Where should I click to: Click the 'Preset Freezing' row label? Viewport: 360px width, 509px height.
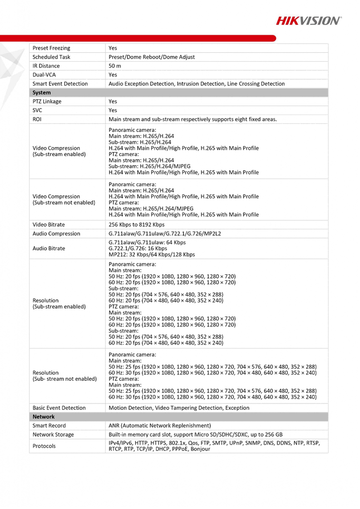(x=51, y=48)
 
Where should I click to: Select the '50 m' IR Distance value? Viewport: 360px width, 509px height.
(x=115, y=66)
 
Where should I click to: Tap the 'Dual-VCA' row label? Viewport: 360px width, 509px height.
(x=44, y=75)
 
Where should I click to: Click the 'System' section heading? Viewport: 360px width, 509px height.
(x=42, y=92)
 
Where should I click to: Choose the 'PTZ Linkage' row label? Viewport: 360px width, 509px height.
(x=47, y=101)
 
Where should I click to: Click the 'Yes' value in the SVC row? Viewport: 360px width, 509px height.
(x=113, y=110)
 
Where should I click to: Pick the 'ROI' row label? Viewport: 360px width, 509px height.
(x=37, y=119)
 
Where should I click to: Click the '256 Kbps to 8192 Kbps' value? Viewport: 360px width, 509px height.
(x=137, y=225)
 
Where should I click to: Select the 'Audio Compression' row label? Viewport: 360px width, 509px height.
(x=57, y=234)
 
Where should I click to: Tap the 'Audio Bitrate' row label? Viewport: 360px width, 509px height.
(x=50, y=248)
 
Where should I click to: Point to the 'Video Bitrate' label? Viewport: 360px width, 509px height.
(x=49, y=225)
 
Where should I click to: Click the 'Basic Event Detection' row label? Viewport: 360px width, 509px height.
(x=59, y=408)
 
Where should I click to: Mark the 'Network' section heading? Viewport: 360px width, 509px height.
(x=43, y=417)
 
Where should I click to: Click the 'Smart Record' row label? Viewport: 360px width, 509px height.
(x=49, y=426)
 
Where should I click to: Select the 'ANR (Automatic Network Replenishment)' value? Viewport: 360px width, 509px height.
(x=160, y=426)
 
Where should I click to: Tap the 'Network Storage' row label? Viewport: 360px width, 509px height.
(x=53, y=435)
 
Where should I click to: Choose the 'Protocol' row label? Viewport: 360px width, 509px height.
(x=44, y=446)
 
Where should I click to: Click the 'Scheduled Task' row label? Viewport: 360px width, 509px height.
(x=51, y=57)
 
